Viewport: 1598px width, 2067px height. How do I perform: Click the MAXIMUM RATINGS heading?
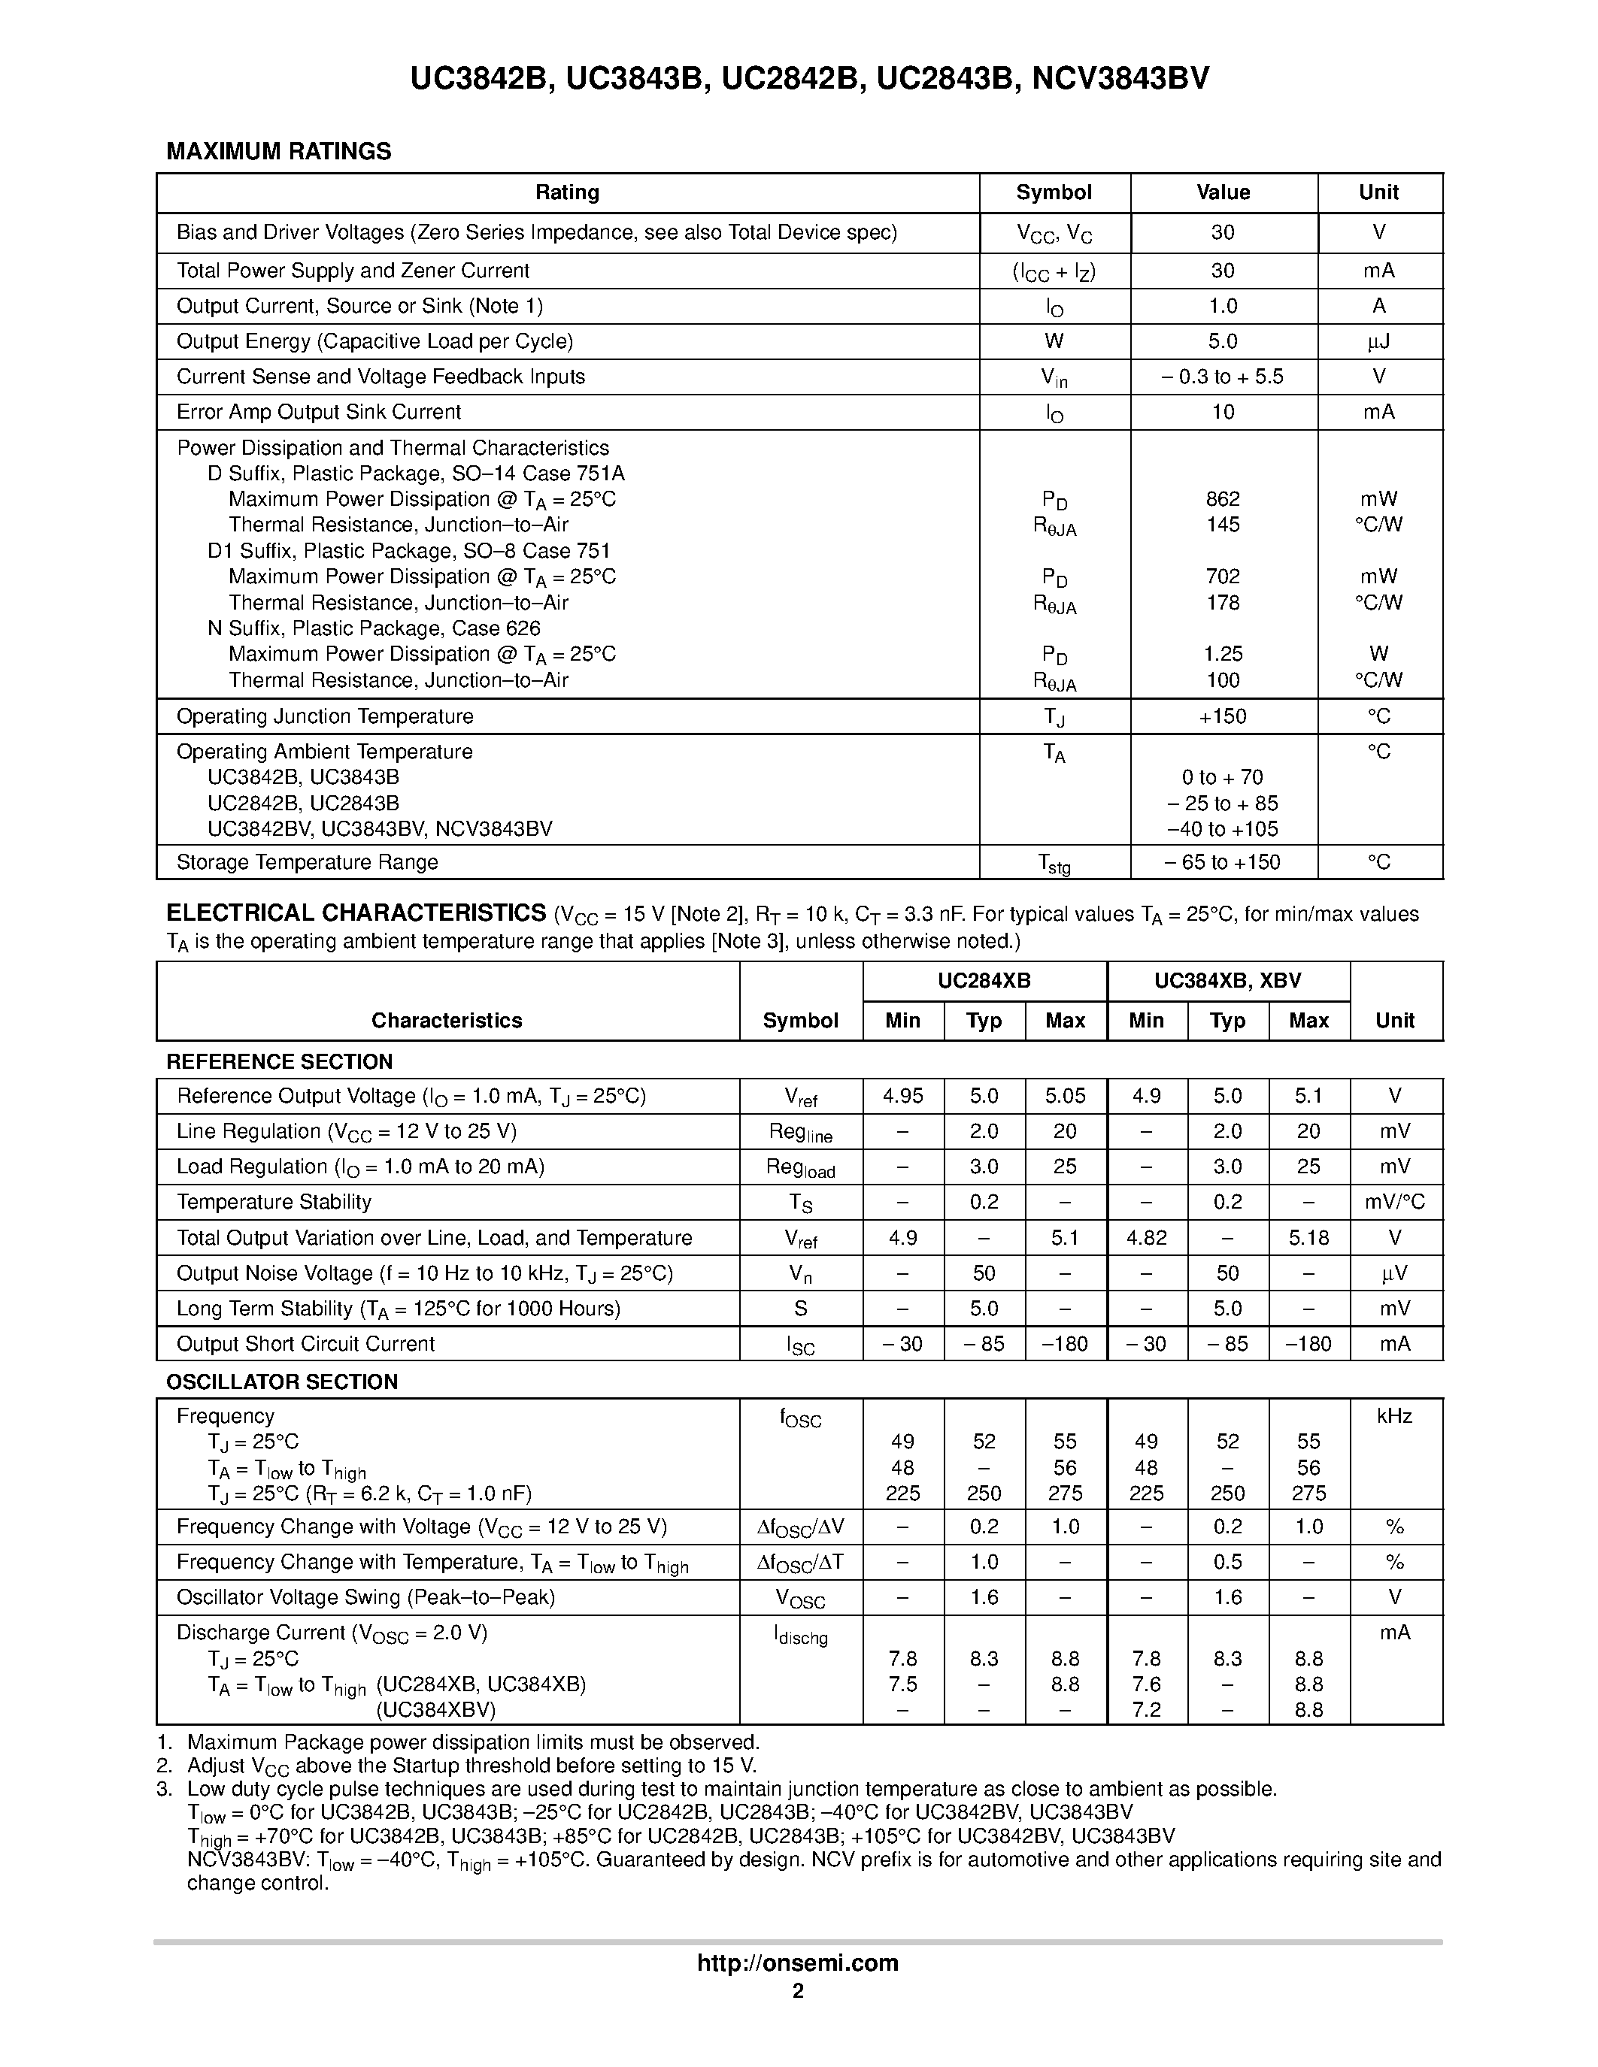(x=278, y=151)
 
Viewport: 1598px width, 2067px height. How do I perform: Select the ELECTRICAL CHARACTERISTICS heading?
(x=356, y=913)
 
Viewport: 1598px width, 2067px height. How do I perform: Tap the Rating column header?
(x=567, y=192)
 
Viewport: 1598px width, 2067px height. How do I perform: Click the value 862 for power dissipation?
(x=1222, y=499)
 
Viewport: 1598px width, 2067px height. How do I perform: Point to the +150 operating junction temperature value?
(x=1222, y=716)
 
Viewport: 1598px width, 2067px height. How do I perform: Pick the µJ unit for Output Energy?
(x=1378, y=342)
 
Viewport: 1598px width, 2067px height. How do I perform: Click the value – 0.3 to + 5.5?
(x=1222, y=377)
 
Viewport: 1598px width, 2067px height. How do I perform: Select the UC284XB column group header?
(x=984, y=982)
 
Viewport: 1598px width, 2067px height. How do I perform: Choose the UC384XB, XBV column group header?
(x=1227, y=982)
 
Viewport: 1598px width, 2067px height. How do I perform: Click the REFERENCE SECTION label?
(x=279, y=1062)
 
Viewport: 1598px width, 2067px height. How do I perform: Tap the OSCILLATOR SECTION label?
(x=282, y=1382)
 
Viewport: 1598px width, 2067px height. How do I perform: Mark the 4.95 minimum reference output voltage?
(x=902, y=1096)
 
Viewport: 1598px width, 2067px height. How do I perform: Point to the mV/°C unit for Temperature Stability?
(x=1394, y=1202)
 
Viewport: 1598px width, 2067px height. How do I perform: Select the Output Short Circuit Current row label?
(x=306, y=1344)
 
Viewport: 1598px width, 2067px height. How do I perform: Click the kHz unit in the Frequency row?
(x=1394, y=1416)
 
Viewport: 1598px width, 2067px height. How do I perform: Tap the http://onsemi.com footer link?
(x=797, y=1963)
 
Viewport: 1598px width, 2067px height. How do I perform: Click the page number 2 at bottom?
(x=798, y=1990)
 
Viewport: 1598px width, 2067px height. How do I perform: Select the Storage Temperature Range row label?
(x=307, y=862)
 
